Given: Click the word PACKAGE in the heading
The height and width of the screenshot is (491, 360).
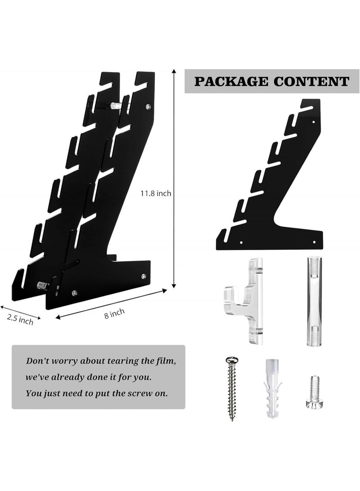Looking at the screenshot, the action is click(x=231, y=82).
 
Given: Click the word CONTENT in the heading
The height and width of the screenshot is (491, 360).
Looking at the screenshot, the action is click(x=311, y=82).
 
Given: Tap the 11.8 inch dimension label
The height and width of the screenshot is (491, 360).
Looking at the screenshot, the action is click(x=156, y=194).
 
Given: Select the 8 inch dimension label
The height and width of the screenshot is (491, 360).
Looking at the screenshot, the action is click(x=115, y=313).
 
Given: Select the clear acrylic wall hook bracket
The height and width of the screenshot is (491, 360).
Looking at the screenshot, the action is click(x=245, y=301).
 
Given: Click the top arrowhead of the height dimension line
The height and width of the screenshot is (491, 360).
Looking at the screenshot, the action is click(x=174, y=72).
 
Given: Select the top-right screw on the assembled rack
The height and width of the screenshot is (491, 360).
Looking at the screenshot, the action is click(x=148, y=107).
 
